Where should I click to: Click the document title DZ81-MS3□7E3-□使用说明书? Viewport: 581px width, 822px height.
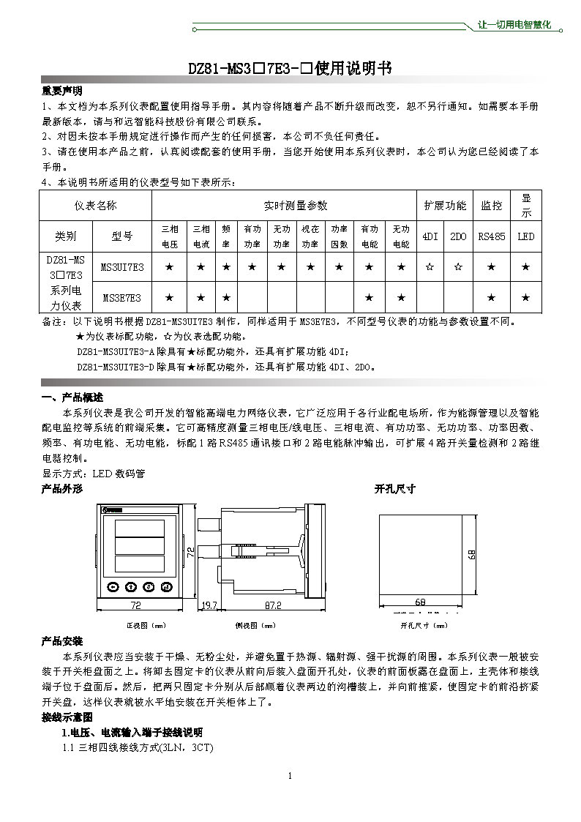tap(290, 68)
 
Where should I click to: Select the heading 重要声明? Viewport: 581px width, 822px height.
tap(61, 91)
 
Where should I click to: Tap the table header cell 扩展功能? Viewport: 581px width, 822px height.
tap(445, 206)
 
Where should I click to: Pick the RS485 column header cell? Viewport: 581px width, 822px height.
tap(491, 236)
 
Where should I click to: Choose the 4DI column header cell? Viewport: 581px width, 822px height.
tap(430, 236)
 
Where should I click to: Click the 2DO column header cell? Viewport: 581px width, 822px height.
tap(458, 236)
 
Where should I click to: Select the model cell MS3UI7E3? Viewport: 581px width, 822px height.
tap(122, 267)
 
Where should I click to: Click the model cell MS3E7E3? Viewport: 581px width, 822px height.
tap(122, 297)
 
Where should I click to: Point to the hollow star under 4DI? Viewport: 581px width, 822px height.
tap(430, 267)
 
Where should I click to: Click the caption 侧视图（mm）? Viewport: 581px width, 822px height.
tap(255, 626)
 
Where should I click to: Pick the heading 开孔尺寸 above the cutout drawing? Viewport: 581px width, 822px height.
tap(395, 488)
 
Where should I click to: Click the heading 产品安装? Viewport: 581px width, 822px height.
tap(62, 641)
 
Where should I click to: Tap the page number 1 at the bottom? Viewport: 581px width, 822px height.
tap(290, 776)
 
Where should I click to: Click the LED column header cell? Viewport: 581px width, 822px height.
tap(525, 236)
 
